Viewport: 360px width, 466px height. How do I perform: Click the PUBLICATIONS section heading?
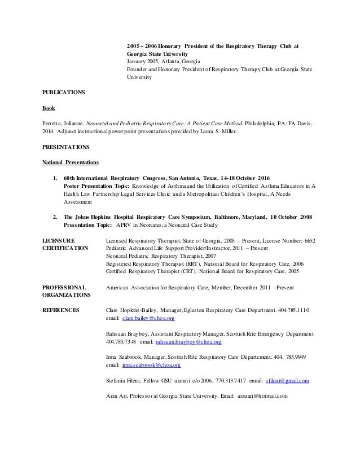click(x=64, y=92)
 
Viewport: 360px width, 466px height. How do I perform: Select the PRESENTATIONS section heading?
click(x=65, y=148)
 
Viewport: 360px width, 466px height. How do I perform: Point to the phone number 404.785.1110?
click(x=296, y=310)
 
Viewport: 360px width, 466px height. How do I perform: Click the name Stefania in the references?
click(x=117, y=381)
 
